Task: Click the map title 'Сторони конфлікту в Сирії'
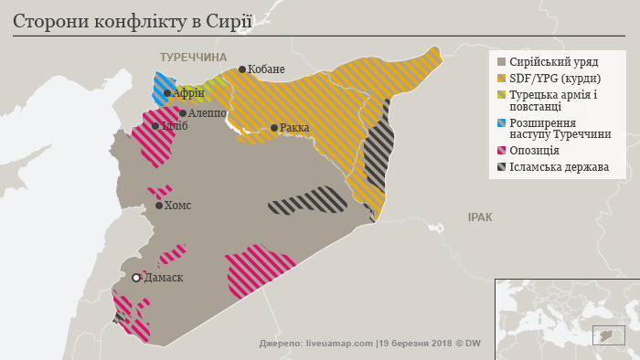[126, 20]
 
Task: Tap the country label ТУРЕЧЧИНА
[193, 57]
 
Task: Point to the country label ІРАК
[480, 217]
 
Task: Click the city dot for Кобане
[241, 69]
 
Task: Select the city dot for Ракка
[273, 128]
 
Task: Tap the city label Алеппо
[205, 113]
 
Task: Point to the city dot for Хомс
[159, 206]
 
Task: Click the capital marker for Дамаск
[136, 278]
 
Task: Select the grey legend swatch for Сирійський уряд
[501, 62]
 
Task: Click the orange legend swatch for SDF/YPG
[501, 79]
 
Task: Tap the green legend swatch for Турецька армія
[501, 95]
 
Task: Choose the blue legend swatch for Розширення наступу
[501, 122]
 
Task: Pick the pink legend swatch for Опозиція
[501, 150]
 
